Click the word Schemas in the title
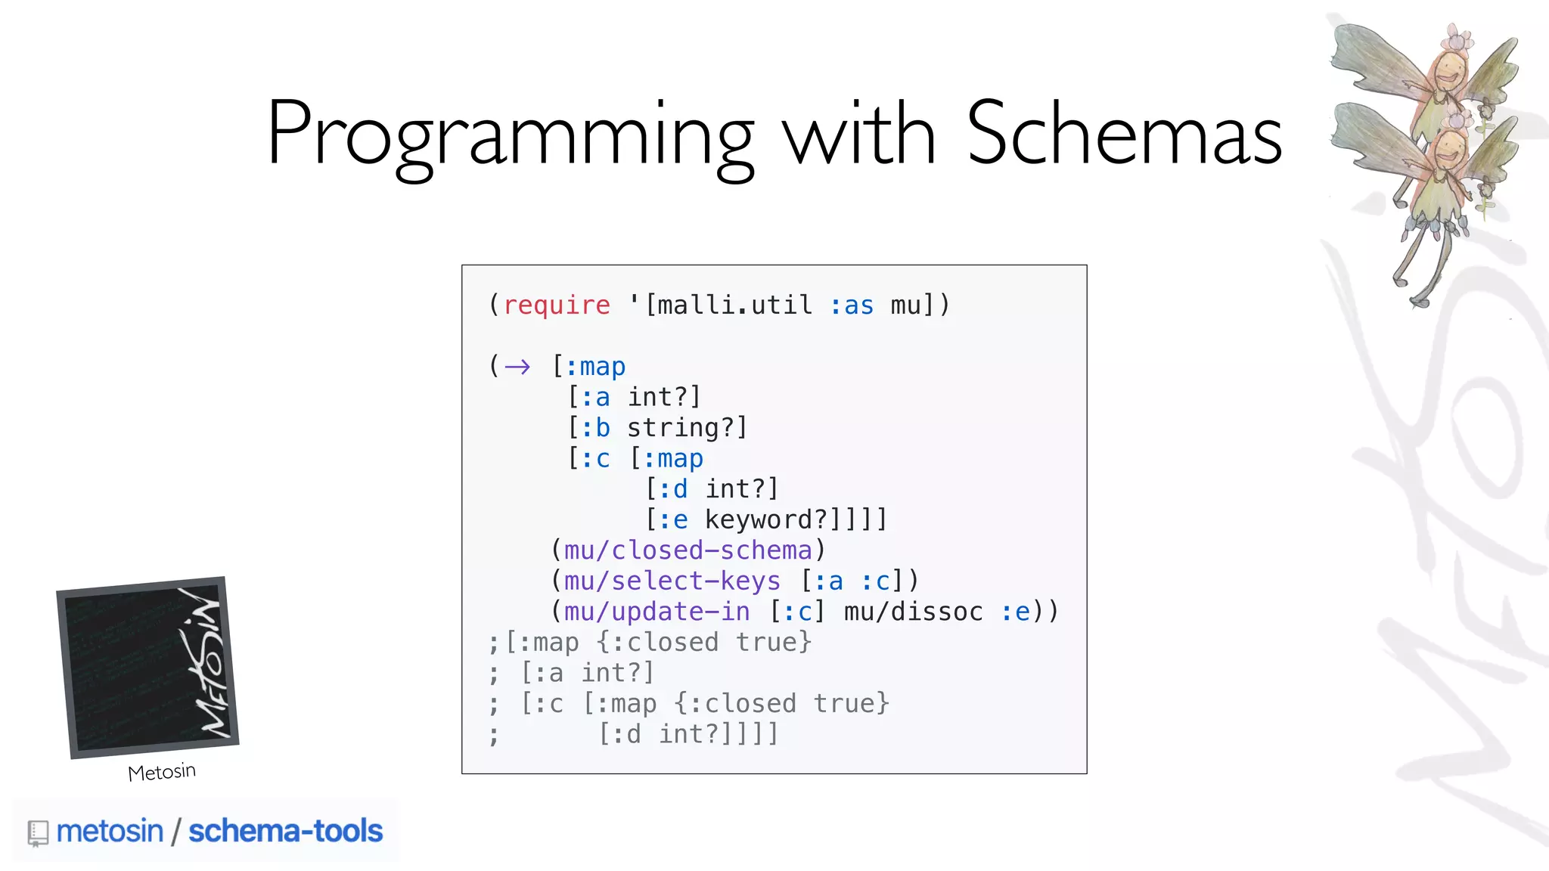point(1124,135)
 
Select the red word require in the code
point(557,305)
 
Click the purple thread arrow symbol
point(517,367)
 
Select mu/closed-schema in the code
point(688,550)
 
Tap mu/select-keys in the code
point(672,581)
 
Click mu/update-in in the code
point(657,612)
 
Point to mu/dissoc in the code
point(913,612)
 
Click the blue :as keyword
point(852,305)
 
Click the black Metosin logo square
point(147,667)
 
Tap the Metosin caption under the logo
point(162,773)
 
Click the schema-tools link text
point(285,831)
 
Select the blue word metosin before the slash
point(110,831)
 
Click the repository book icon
point(38,833)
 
